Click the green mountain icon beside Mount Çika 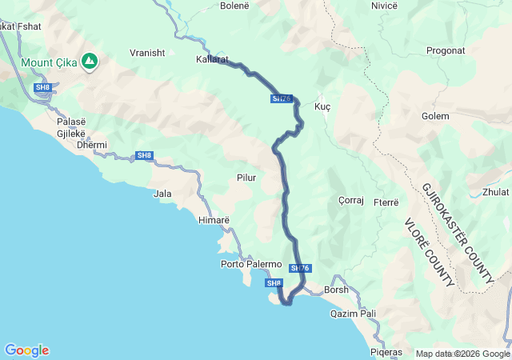point(91,61)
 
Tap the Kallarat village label point(212,59)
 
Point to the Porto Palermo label point(251,264)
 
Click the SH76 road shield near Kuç point(282,99)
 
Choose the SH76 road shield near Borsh point(301,268)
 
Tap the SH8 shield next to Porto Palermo point(274,283)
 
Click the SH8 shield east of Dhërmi point(144,155)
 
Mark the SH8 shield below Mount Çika point(42,86)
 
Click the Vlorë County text point(429,252)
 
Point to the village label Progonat point(446,50)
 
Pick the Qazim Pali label point(353,314)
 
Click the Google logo point(26,350)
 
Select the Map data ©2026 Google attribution point(462,354)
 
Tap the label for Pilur point(246,178)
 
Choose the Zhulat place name point(495,192)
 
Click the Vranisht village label point(147,53)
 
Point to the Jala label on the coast point(162,194)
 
